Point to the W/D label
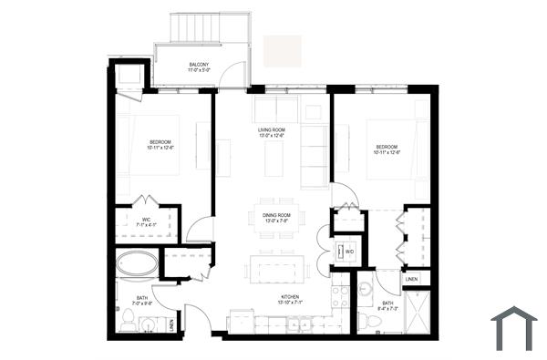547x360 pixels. pyautogui.click(x=349, y=252)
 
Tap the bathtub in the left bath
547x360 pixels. pyautogui.click(x=137, y=265)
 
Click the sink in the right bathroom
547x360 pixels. pyautogui.click(x=366, y=291)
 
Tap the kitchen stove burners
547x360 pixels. pyautogui.click(x=339, y=296)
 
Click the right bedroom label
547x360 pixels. pyautogui.click(x=387, y=150)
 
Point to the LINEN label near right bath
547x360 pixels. pyautogui.click(x=412, y=279)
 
